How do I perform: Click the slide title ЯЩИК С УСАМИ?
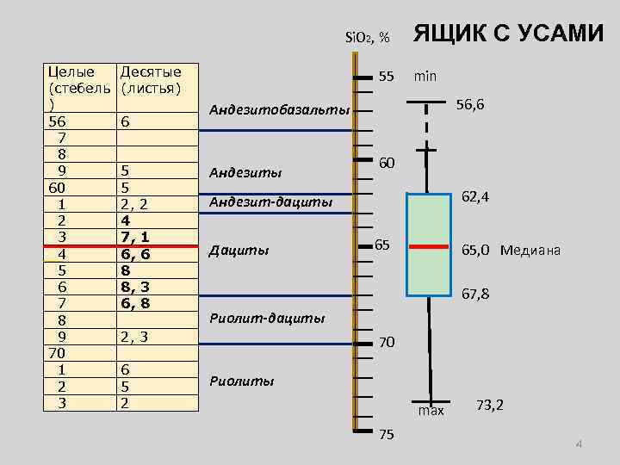pyautogui.click(x=509, y=34)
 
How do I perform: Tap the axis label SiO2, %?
pyautogui.click(x=367, y=37)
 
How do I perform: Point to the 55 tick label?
pyautogui.click(x=386, y=76)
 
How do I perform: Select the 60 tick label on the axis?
pyautogui.click(x=387, y=163)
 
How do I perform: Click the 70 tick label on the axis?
pyautogui.click(x=387, y=342)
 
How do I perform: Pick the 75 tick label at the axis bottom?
pyautogui.click(x=386, y=434)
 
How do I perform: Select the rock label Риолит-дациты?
pyautogui.click(x=268, y=318)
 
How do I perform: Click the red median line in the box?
pyautogui.click(x=428, y=247)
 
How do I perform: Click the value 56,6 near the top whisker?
pyautogui.click(x=470, y=104)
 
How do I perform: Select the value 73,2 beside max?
pyautogui.click(x=490, y=405)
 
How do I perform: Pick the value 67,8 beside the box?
pyautogui.click(x=476, y=294)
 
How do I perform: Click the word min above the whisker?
pyautogui.click(x=425, y=76)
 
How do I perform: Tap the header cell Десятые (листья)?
pyautogui.click(x=151, y=78)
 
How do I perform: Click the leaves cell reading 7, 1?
pyautogui.click(x=136, y=236)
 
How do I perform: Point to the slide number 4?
pyautogui.click(x=579, y=444)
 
